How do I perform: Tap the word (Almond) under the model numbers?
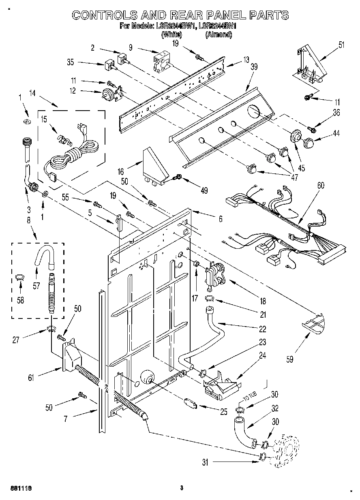[219, 35]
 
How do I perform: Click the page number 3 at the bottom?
[182, 488]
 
